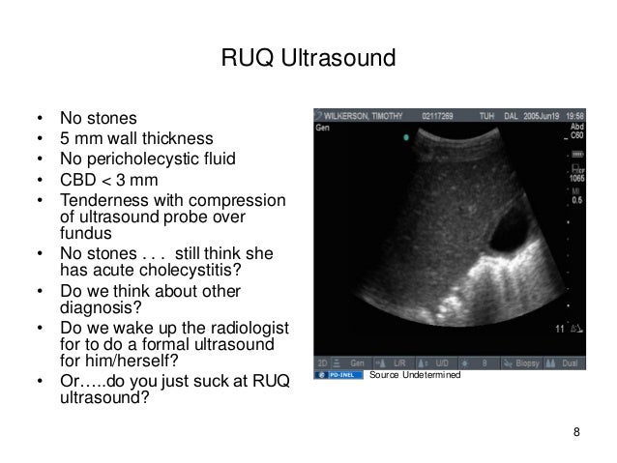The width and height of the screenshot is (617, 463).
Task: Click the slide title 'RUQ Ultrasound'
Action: pyautogui.click(x=308, y=59)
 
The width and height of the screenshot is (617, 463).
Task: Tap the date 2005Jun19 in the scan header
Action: pyautogui.click(x=535, y=113)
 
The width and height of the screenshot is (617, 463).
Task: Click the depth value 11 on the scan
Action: pyautogui.click(x=559, y=329)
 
